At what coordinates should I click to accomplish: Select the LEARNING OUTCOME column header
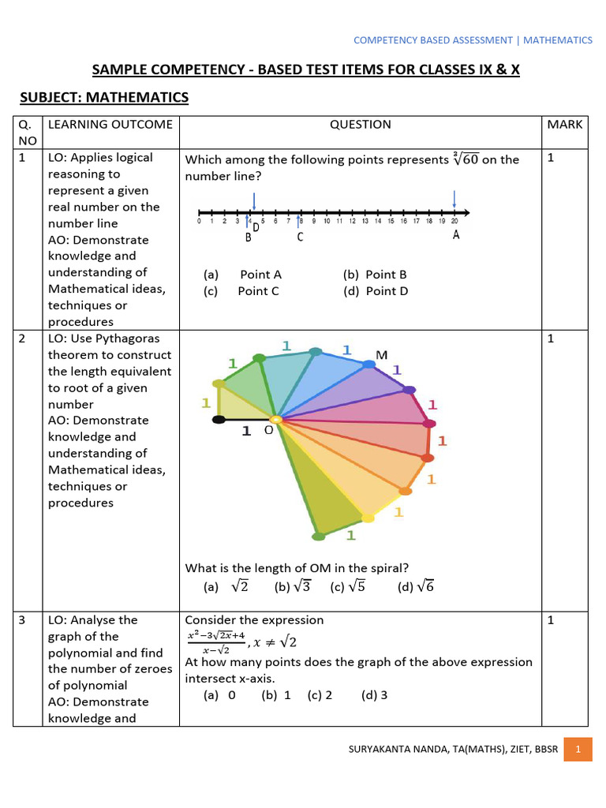[x=110, y=124]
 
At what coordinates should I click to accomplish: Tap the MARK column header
[x=564, y=124]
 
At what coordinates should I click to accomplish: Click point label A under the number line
[x=456, y=234]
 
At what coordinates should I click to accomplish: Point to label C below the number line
[x=301, y=234]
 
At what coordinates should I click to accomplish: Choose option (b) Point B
[x=375, y=275]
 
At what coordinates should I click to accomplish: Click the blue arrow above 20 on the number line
[x=454, y=197]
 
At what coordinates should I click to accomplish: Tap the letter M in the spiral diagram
[x=382, y=355]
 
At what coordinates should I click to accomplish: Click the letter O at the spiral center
[x=268, y=431]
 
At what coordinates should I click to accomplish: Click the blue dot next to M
[x=368, y=364]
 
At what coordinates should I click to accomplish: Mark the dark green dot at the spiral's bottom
[x=318, y=537]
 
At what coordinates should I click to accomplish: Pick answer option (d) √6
[x=416, y=587]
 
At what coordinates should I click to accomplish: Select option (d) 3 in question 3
[x=374, y=695]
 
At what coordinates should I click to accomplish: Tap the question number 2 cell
[x=23, y=339]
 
